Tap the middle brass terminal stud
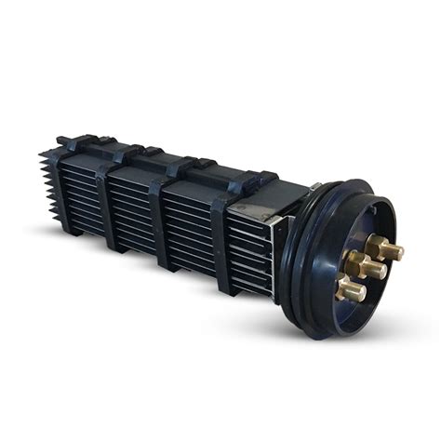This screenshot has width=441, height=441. tap(376, 267)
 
